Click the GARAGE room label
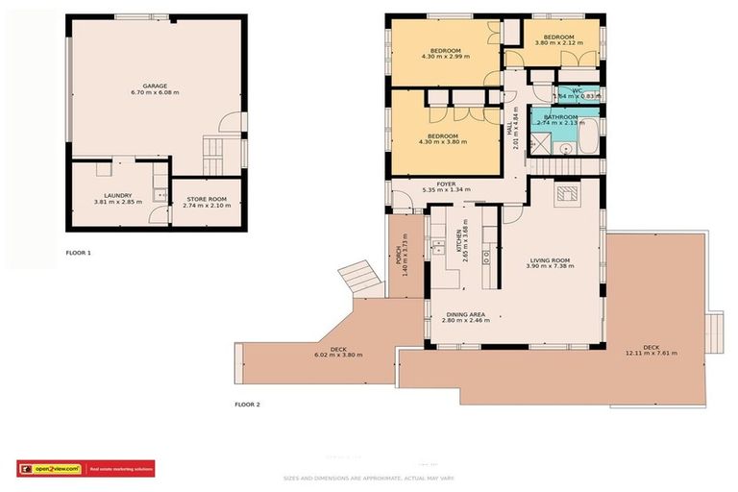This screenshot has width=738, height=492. (155, 85)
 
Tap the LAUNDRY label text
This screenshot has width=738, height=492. (117, 195)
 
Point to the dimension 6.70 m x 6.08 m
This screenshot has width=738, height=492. (155, 92)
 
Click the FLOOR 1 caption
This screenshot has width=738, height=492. (78, 252)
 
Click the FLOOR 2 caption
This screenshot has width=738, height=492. (247, 405)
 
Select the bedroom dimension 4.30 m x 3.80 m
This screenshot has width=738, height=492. (443, 142)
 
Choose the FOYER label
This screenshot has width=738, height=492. (445, 183)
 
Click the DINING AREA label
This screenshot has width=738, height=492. (464, 313)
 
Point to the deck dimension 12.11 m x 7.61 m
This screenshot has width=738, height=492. (651, 353)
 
